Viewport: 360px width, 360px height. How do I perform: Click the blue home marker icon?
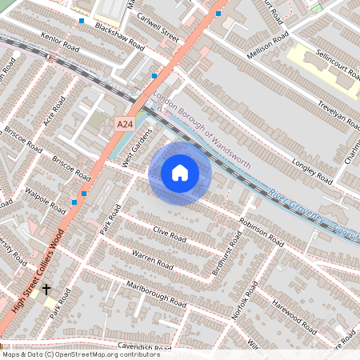179,173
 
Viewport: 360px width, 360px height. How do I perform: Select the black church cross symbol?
46,289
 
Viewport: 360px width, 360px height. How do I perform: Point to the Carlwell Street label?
158,30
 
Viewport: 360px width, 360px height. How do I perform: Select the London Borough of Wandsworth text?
202,131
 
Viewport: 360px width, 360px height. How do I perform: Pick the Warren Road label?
153,259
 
